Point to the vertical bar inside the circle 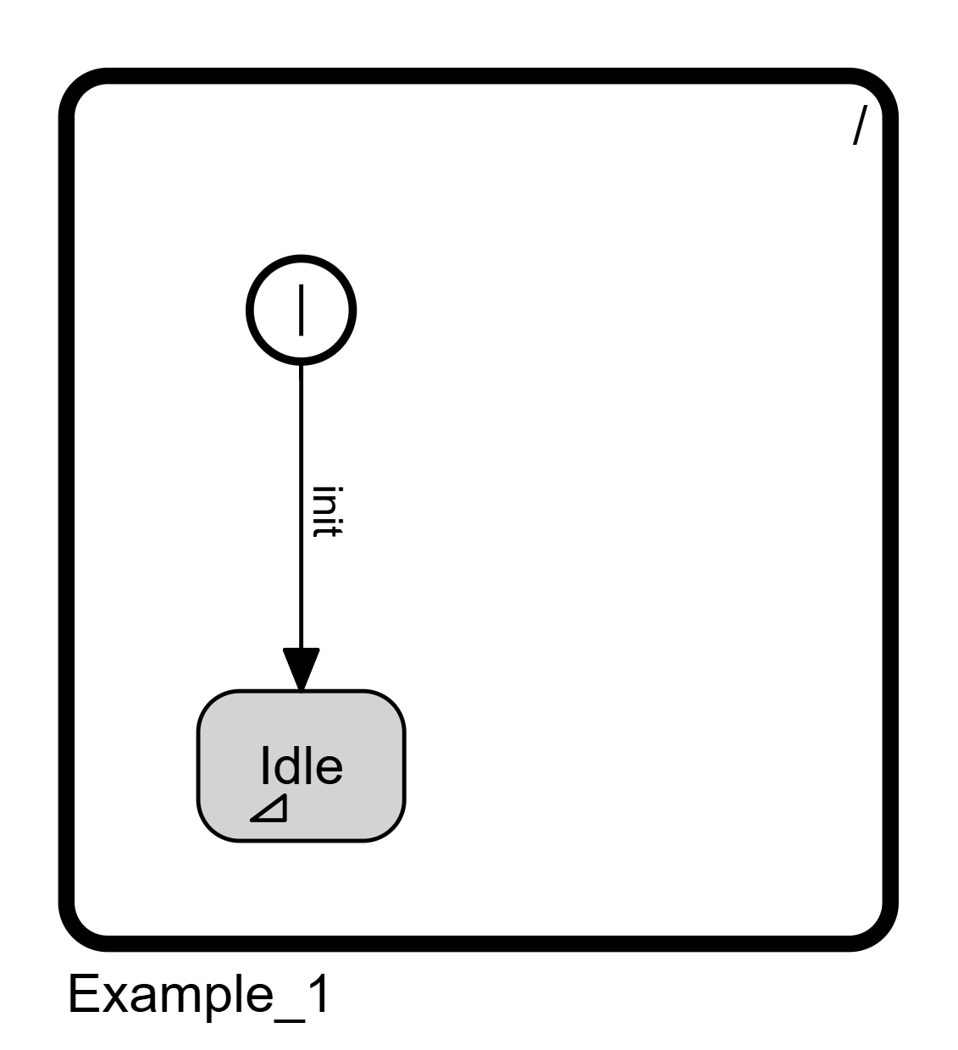tap(302, 310)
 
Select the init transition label tap(327, 511)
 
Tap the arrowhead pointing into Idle tap(302, 670)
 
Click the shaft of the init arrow tap(302, 506)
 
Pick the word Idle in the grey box tap(302, 765)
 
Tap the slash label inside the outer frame tap(860, 125)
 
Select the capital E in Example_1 tap(82, 994)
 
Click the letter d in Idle tap(285, 765)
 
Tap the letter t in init tap(327, 531)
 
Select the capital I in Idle tap(264, 765)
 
